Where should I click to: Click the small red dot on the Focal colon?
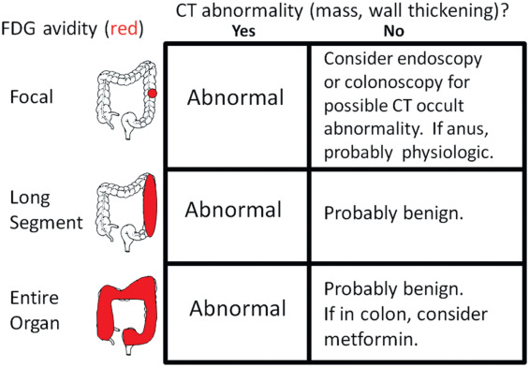coord(152,94)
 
